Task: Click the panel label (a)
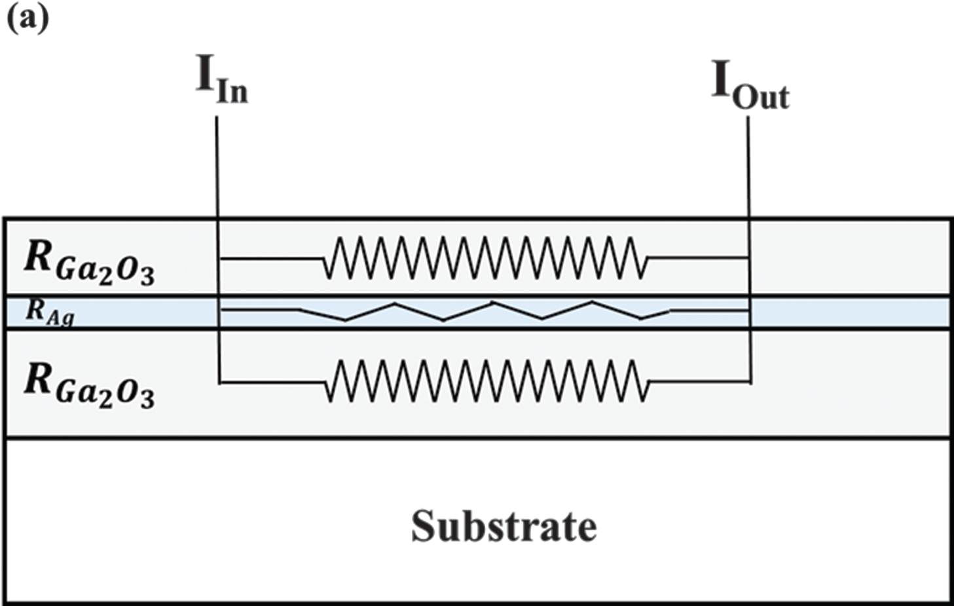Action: point(28,18)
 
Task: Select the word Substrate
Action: point(504,526)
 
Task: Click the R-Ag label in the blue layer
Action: point(50,312)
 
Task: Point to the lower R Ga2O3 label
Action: point(89,386)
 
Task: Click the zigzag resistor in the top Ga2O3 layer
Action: point(486,258)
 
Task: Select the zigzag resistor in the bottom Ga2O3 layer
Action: point(486,382)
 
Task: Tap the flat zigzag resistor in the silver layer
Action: point(485,311)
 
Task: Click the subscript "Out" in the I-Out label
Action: point(761,97)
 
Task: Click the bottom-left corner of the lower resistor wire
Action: point(219,382)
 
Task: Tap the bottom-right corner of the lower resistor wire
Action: point(750,382)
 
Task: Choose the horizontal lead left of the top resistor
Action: point(271,259)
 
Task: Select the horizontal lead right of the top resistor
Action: point(698,258)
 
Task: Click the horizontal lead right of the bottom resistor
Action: point(698,382)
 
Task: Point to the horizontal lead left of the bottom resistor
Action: point(271,382)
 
